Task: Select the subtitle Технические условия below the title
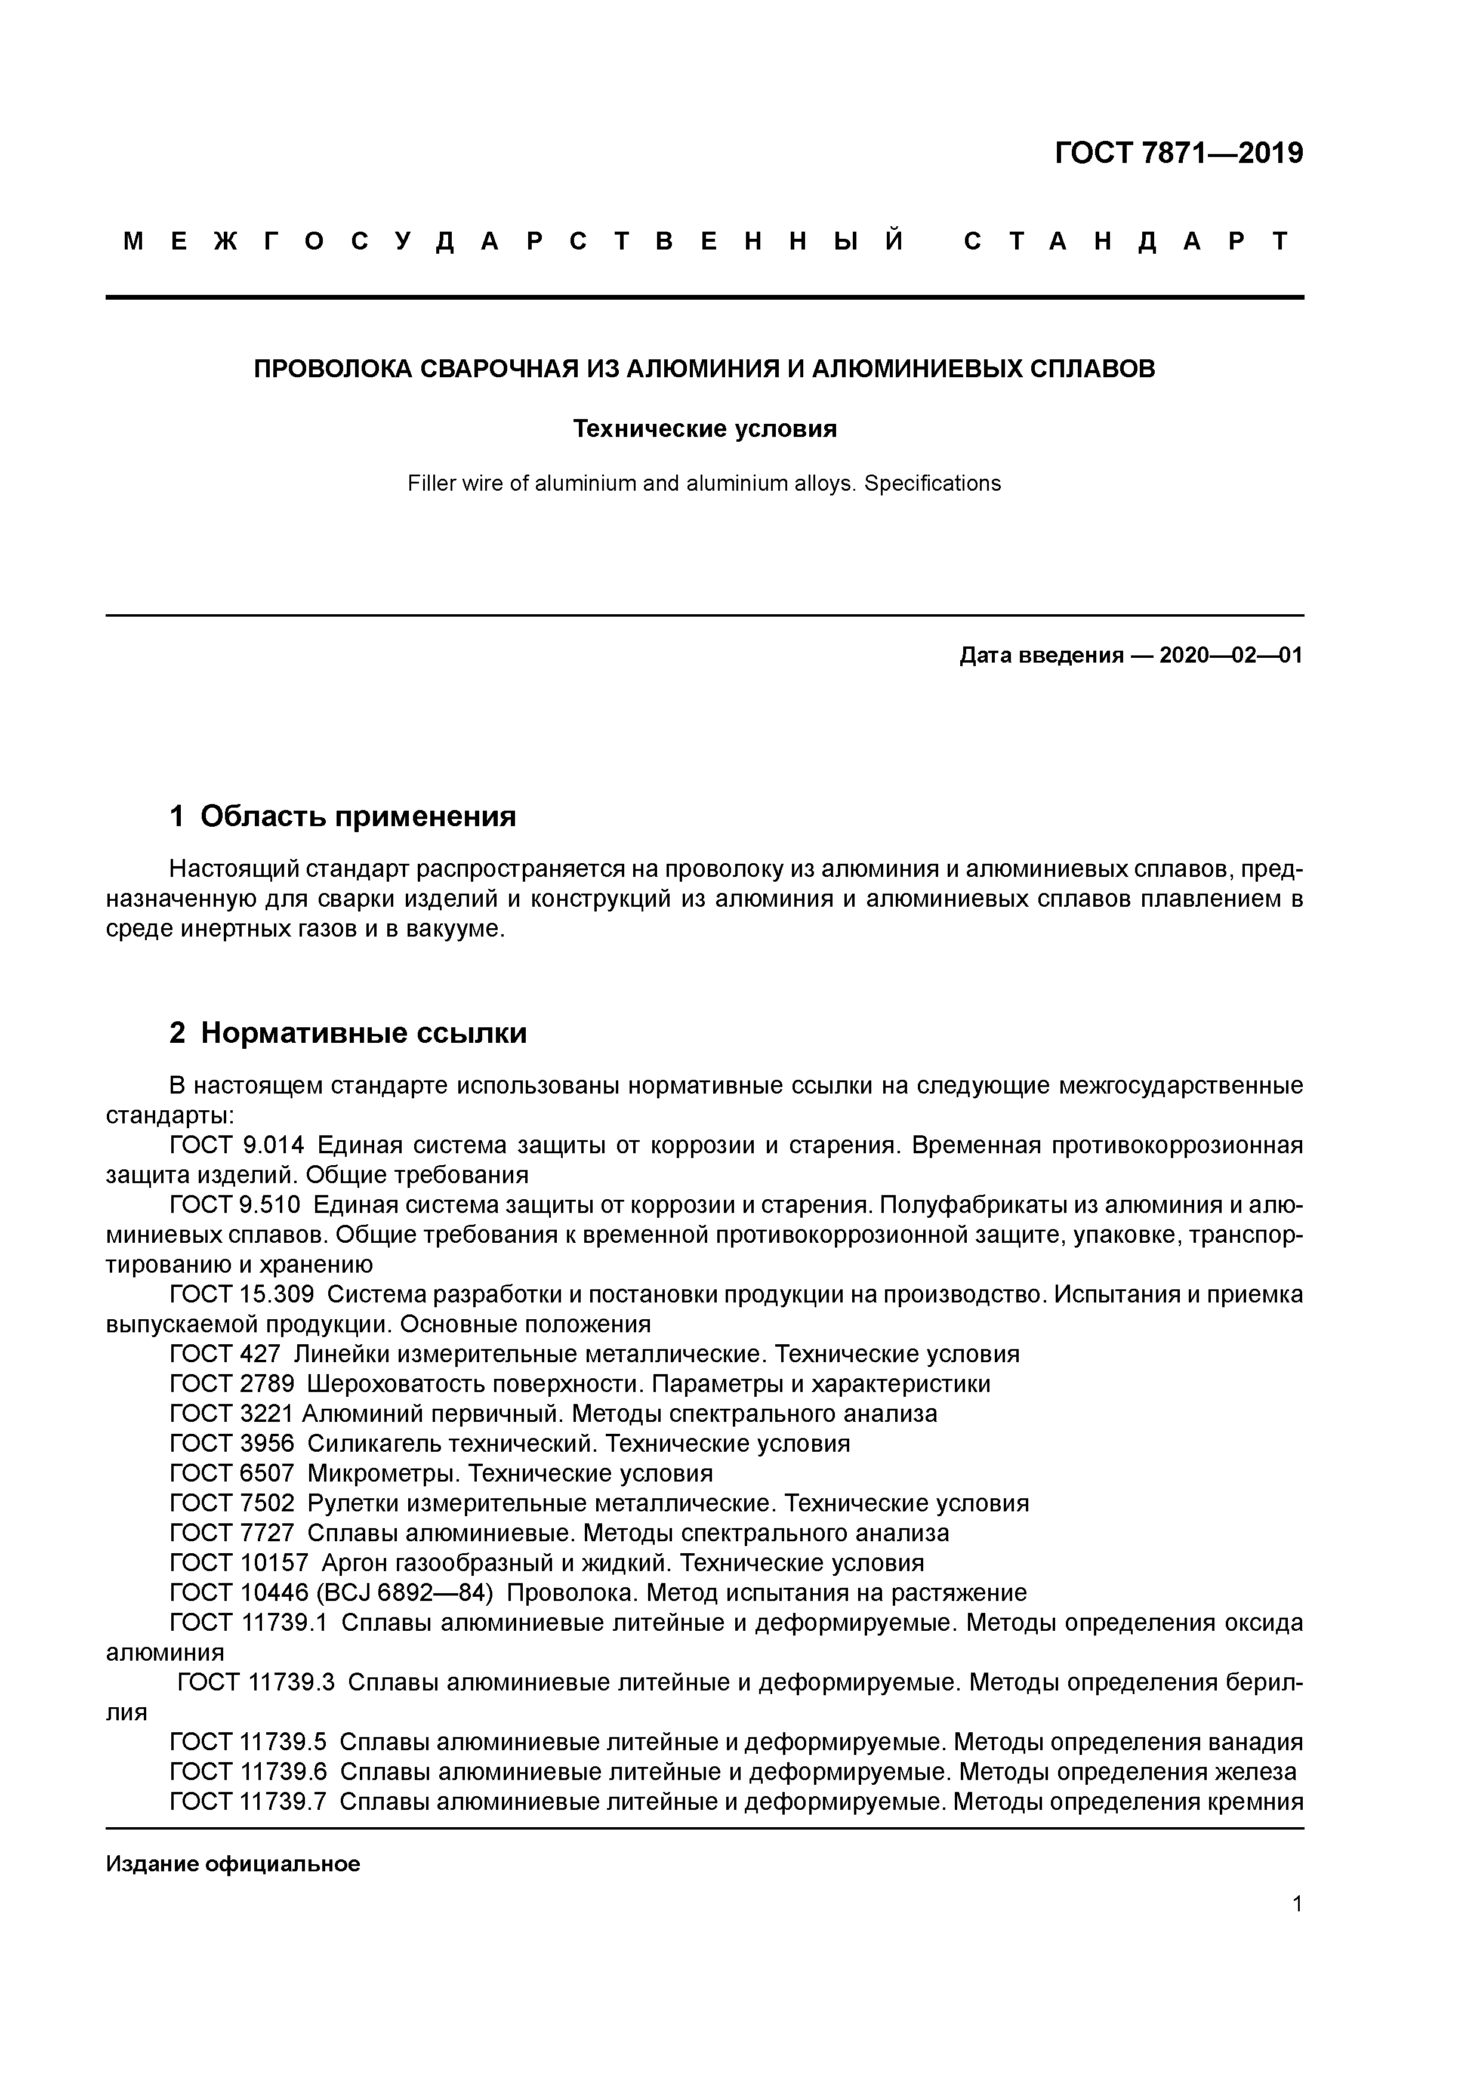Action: coord(704,429)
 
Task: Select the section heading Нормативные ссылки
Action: coord(363,1033)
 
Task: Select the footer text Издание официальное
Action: coord(233,1864)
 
